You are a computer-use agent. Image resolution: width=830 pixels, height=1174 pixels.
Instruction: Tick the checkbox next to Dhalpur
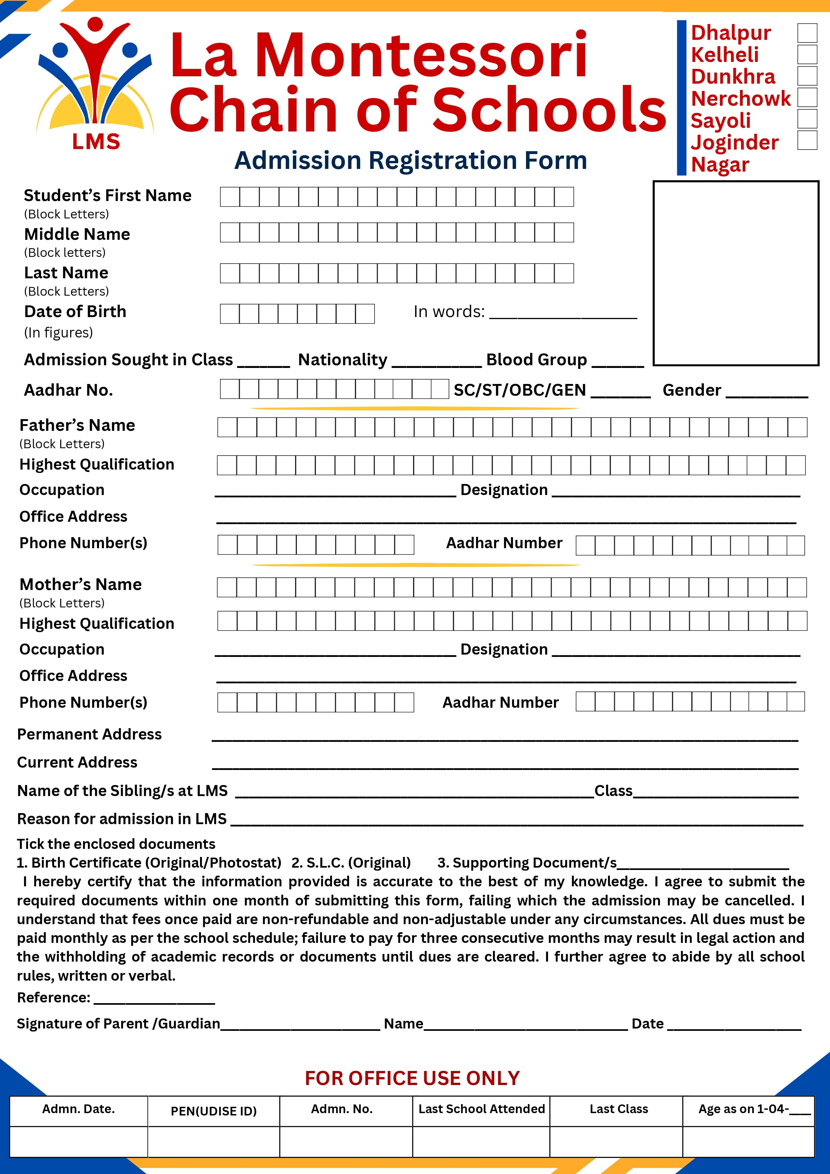tap(807, 33)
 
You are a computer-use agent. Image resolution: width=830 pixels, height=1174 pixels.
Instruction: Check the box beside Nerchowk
tap(807, 97)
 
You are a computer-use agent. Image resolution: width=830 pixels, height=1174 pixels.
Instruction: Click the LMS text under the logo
tap(96, 141)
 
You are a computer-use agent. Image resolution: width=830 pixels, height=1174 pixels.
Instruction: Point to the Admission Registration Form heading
tap(410, 161)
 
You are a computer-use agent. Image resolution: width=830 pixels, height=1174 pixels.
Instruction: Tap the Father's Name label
tap(77, 425)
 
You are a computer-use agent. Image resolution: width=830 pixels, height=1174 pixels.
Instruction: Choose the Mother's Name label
tap(81, 584)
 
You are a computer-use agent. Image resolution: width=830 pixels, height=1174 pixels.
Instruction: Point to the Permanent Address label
tap(89, 734)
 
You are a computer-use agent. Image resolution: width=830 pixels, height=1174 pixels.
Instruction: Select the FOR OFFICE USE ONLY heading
tap(412, 1078)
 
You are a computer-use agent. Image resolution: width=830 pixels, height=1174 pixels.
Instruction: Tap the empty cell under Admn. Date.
tap(79, 1142)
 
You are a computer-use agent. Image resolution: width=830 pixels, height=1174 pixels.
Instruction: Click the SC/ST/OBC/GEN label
tap(520, 390)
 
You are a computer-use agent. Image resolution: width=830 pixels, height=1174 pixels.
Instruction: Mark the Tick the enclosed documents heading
tap(116, 844)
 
